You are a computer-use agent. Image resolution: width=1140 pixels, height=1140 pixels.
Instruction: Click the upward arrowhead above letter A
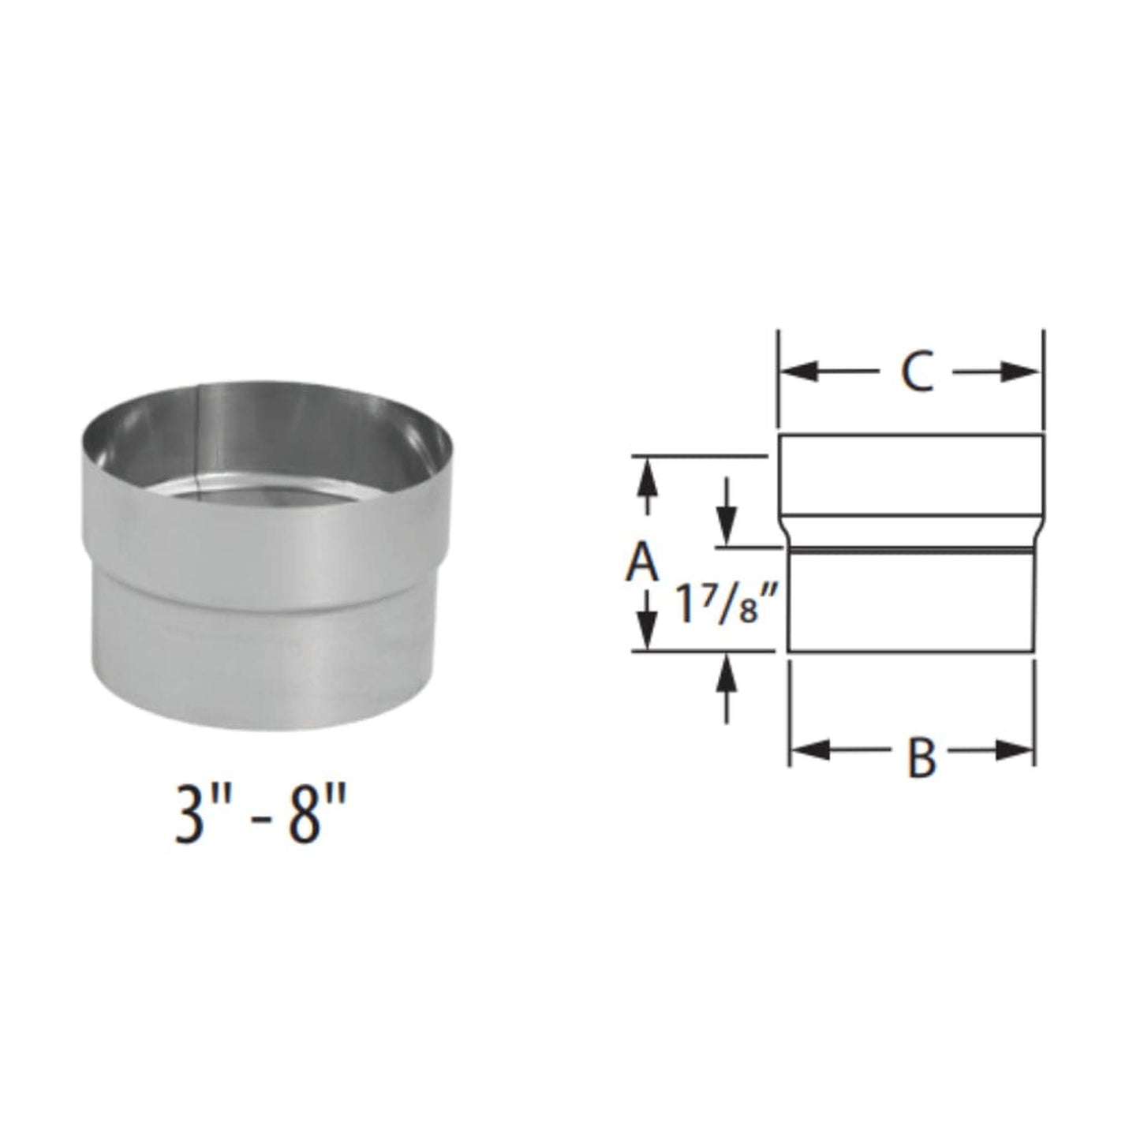tap(647, 477)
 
